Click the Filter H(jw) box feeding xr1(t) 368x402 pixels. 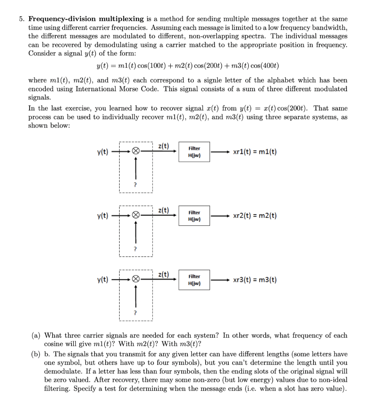point(194,152)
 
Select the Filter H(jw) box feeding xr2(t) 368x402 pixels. point(194,216)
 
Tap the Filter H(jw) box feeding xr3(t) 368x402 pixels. point(194,280)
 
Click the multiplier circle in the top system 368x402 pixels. point(135,152)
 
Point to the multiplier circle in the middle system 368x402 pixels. point(135,216)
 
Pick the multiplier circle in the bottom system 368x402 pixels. point(135,280)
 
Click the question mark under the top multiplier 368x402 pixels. point(135,185)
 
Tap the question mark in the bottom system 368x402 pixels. point(135,313)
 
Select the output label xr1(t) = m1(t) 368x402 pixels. point(255,152)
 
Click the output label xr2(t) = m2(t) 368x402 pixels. point(255,216)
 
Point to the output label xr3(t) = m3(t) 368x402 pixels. point(255,280)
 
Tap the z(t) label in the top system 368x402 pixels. point(163,146)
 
